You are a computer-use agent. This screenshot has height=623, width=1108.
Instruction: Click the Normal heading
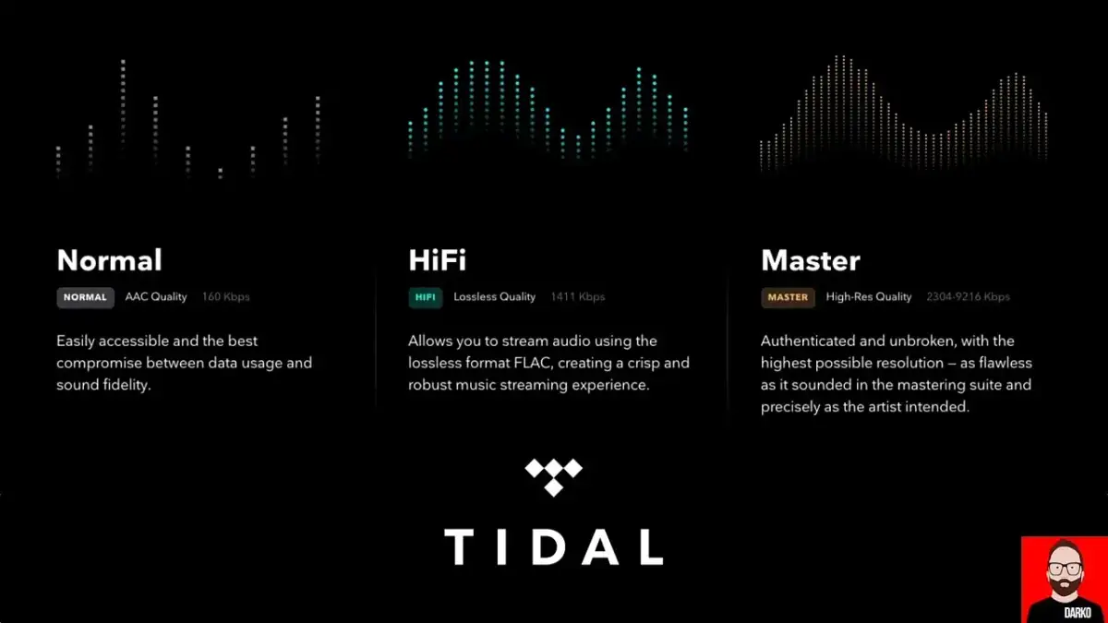(109, 260)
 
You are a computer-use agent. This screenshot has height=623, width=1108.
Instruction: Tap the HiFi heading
(437, 260)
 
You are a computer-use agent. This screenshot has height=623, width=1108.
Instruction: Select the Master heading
(810, 260)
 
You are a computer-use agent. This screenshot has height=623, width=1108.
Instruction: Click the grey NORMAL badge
(85, 297)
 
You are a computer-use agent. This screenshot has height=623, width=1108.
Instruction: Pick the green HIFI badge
(425, 297)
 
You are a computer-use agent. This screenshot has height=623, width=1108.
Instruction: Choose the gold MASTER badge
(788, 297)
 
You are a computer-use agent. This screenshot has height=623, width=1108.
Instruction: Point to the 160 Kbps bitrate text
(225, 297)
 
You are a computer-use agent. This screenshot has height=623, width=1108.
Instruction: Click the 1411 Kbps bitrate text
(577, 297)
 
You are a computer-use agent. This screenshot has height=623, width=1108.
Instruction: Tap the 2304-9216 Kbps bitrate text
(968, 297)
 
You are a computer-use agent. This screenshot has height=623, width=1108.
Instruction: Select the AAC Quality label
(156, 297)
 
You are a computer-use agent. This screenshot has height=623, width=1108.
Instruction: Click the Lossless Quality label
(494, 297)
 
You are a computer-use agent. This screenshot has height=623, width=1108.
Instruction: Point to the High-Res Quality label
(869, 297)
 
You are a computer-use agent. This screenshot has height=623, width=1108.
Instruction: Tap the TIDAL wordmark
(553, 546)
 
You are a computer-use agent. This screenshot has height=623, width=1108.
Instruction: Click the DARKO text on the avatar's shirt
(1065, 613)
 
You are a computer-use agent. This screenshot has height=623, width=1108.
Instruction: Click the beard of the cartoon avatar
(1065, 591)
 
